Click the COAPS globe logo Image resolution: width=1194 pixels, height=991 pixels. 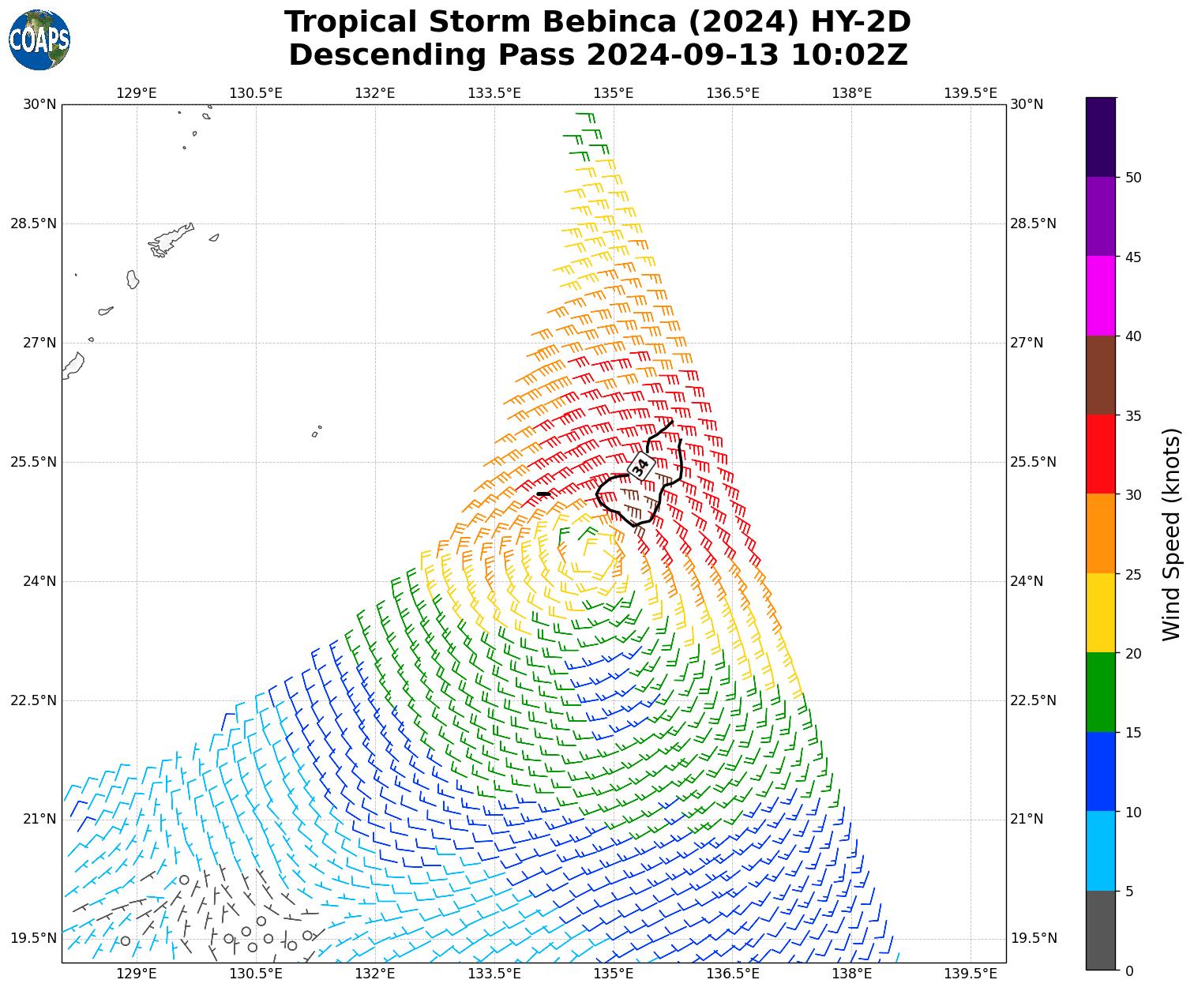39,39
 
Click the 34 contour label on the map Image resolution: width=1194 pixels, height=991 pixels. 640,466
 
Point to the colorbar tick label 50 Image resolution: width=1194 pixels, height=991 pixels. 1133,178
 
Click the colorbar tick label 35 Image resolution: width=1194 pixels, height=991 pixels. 1133,415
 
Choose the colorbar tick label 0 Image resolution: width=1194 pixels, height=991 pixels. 1129,970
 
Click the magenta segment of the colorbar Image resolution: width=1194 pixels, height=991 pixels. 1101,296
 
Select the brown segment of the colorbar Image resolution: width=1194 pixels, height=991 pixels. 1101,376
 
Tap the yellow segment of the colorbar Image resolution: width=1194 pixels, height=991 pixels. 1101,614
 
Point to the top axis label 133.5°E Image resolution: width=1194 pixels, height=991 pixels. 494,93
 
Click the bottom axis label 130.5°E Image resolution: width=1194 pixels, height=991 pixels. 256,974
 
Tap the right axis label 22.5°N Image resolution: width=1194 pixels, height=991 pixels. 1033,700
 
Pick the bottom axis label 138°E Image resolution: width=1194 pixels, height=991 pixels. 851,974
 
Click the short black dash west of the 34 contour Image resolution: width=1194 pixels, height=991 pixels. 543,494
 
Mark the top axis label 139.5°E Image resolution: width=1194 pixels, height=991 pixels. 971,93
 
